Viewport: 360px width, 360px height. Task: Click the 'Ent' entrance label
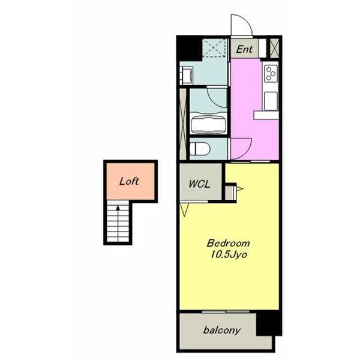click(244, 49)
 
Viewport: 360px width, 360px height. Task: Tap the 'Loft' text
click(129, 181)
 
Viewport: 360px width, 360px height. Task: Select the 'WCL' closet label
click(199, 184)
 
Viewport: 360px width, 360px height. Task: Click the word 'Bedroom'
click(228, 243)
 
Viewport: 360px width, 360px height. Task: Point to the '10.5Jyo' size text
click(229, 254)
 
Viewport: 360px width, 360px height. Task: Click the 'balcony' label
click(222, 330)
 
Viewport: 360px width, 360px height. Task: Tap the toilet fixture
click(200, 149)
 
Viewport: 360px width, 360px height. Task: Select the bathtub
click(208, 124)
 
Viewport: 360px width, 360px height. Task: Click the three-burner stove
click(271, 73)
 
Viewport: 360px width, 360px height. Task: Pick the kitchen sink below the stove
click(271, 101)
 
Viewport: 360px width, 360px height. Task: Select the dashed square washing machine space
click(214, 48)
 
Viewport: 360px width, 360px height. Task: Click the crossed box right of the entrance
click(274, 48)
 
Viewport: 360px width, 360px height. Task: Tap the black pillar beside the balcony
click(269, 323)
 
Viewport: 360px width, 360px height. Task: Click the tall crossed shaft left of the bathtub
click(183, 124)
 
